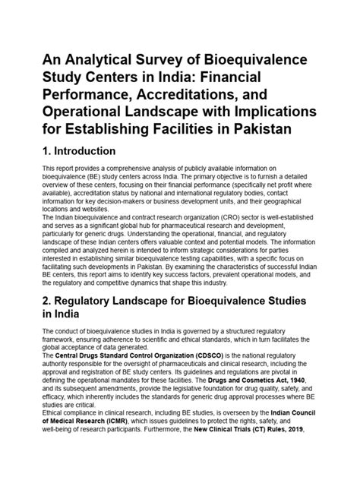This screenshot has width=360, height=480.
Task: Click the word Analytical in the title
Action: (x=99, y=61)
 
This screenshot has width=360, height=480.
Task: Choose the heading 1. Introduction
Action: (x=90, y=151)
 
